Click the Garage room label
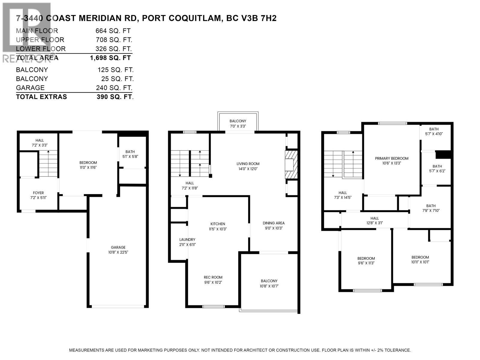pyautogui.click(x=118, y=247)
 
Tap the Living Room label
pyautogui.click(x=248, y=164)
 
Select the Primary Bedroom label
pyautogui.click(x=391, y=158)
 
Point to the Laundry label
pyautogui.click(x=187, y=240)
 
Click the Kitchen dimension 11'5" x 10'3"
pyautogui.click(x=217, y=229)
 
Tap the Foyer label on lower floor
pyautogui.click(x=38, y=193)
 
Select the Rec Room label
pyautogui.click(x=213, y=277)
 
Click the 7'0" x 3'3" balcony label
pyautogui.click(x=238, y=126)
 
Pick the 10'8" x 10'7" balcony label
pyautogui.click(x=269, y=286)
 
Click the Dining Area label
pyautogui.click(x=273, y=223)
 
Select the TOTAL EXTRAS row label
pyautogui.click(x=41, y=97)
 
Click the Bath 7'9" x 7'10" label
pyautogui.click(x=431, y=206)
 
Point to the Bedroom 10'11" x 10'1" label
pyautogui.click(x=420, y=257)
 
